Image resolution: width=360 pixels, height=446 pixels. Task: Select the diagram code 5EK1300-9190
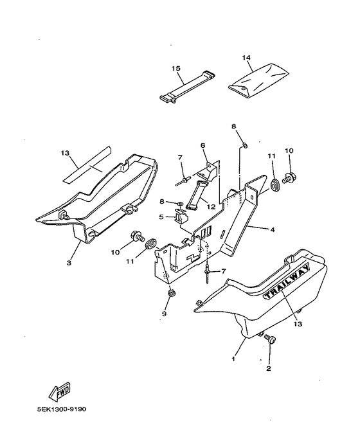coord(62,409)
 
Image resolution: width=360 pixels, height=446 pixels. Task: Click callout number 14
coord(246,58)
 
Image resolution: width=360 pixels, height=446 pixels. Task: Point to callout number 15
coord(176,68)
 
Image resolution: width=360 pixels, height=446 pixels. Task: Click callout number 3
coord(69,263)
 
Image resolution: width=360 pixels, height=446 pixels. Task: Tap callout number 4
coord(273,229)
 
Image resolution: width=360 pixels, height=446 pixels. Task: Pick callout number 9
coord(164,314)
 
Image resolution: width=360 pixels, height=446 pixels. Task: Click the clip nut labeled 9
coord(171,292)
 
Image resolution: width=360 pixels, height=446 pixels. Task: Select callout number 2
coord(269,369)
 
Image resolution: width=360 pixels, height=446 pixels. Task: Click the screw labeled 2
coord(270,339)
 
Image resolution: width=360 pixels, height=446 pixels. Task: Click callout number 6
coord(203,146)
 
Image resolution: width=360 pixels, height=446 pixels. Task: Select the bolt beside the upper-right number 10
coord(288,179)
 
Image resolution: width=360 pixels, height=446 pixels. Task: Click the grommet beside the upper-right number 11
coord(274,185)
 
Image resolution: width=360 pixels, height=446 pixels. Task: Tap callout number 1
coord(233,359)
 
